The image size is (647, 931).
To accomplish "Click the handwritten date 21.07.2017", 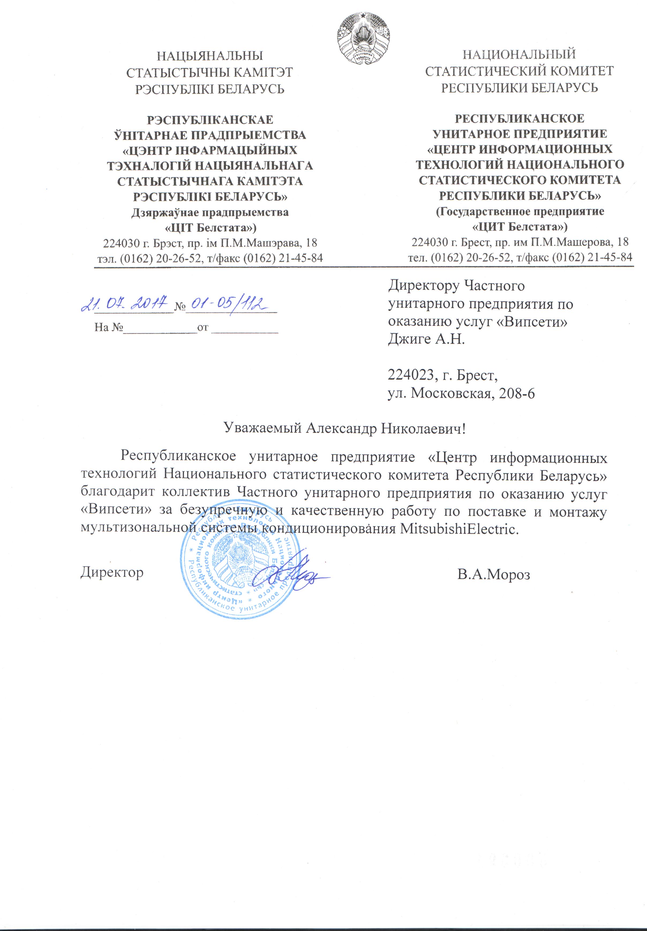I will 125,303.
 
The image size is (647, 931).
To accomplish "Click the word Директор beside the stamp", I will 112,572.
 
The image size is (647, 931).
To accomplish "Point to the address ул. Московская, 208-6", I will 461,393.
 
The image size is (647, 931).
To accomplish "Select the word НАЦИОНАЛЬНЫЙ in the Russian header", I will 519,54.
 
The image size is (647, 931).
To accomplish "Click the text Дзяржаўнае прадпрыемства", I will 210,212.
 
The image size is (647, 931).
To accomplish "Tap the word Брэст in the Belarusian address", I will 166,243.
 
